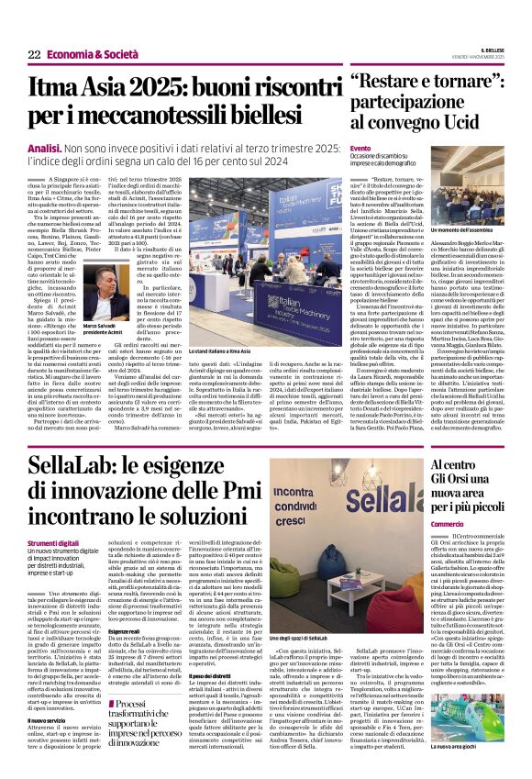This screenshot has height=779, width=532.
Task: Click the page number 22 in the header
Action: click(33, 55)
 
